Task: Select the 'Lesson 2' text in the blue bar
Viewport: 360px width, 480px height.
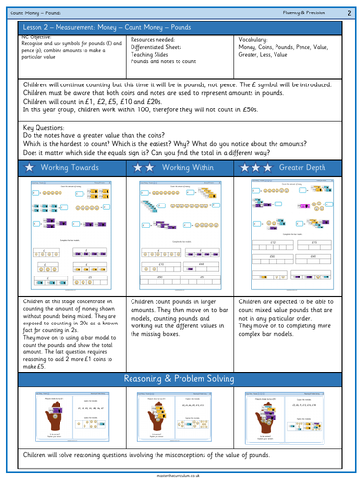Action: [x=36, y=26]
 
